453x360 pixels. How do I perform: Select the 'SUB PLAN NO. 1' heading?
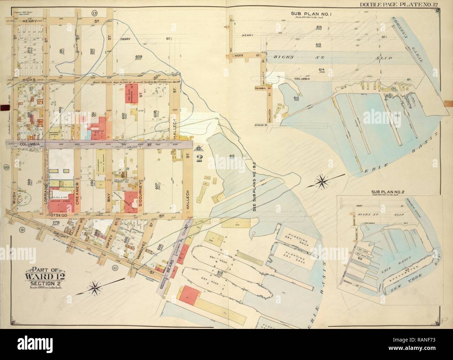tap(308, 13)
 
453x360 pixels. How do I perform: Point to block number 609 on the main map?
tap(138, 57)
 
